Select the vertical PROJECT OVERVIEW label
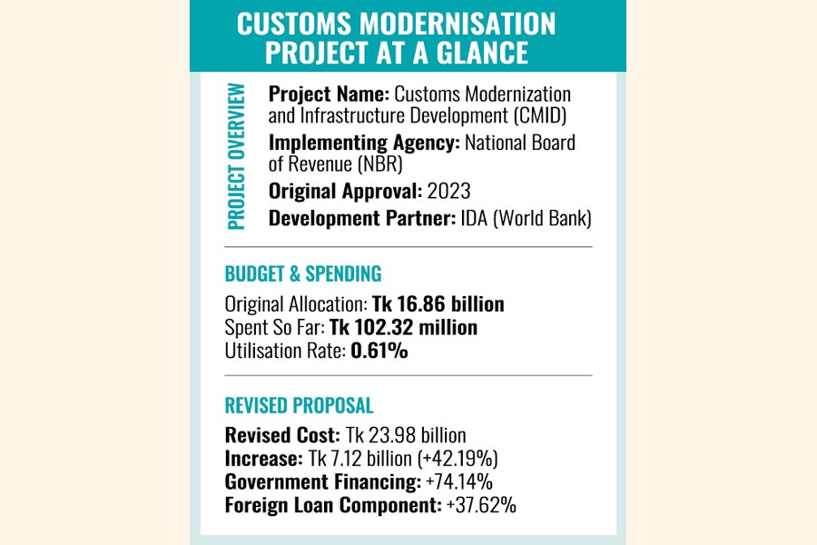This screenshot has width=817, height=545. pos(237,155)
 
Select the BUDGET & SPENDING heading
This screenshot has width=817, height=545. pos(303,273)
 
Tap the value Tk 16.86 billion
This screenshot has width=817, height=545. pos(438,304)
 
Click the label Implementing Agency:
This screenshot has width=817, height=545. pos(364,142)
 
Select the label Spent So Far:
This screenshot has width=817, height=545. pos(274,327)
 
